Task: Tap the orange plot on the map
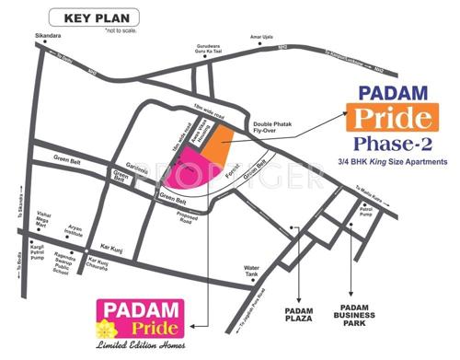(x=216, y=140)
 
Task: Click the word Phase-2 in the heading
(x=392, y=145)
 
